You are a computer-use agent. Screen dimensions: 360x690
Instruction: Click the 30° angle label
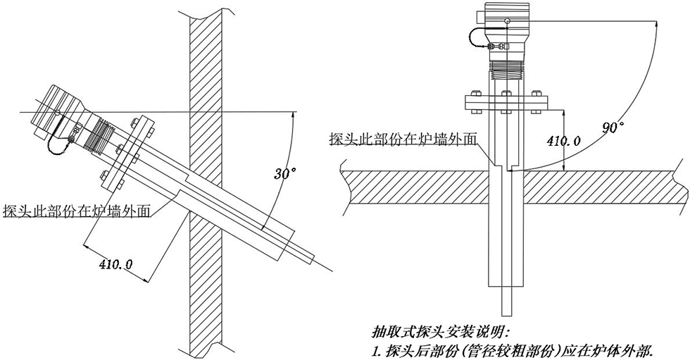pos(284,172)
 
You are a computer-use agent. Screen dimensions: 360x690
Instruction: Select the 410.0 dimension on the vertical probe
pos(563,141)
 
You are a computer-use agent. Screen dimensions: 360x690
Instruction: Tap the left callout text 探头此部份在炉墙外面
pos(77,211)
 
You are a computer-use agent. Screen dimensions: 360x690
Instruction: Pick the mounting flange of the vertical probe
pos(505,103)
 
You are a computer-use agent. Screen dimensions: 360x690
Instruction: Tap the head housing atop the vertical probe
pos(506,21)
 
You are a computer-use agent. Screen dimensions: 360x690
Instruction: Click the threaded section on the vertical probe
pos(505,68)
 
